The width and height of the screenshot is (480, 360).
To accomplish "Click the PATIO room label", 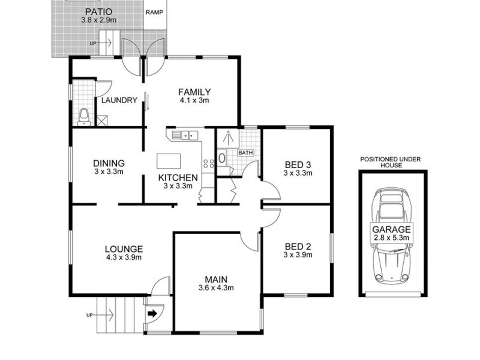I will [x=95, y=12].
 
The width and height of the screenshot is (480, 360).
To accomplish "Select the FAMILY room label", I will [x=194, y=92].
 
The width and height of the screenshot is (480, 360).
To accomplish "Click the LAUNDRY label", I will [x=119, y=100].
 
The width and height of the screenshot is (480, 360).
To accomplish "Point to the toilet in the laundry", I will [x=85, y=115].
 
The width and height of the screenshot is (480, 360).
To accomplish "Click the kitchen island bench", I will [x=169, y=161].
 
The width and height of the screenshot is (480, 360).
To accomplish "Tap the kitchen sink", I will [x=186, y=135].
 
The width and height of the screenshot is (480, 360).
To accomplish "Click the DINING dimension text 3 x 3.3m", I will [x=109, y=172].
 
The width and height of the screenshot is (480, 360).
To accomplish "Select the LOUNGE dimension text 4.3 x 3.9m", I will [x=123, y=258].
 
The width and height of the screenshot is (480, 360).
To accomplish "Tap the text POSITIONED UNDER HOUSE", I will [x=391, y=163].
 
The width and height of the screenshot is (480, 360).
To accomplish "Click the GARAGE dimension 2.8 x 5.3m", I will [x=391, y=238].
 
